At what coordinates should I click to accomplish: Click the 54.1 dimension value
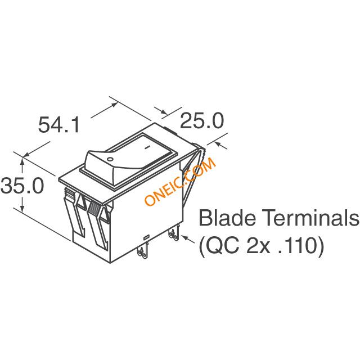pos(59,125)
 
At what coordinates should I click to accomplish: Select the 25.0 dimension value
pos(202,120)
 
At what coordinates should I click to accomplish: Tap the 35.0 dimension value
pos(22,185)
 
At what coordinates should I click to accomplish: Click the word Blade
pos(227,218)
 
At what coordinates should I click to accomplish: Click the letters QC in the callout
pos(222,246)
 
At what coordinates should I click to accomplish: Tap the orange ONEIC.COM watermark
pos(181,181)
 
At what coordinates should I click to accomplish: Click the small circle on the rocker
pos(110,159)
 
